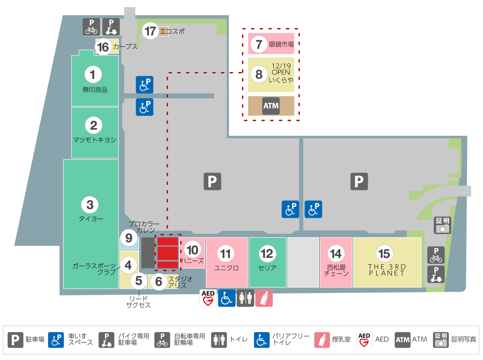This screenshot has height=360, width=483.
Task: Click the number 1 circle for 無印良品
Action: pos(93,75)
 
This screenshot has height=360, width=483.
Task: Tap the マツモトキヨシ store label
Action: pos(95,140)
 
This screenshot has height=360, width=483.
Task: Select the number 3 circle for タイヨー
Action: pos(90,205)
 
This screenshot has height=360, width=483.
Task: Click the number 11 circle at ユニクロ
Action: pos(226,254)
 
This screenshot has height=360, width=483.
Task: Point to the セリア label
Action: pos(267,268)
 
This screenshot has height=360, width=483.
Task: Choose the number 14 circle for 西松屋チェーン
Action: pos(336,254)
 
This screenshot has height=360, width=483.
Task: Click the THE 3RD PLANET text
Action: pos(387,270)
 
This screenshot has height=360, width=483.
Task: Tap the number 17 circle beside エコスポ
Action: pos(150,31)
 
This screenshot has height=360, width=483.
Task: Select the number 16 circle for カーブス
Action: pos(103,47)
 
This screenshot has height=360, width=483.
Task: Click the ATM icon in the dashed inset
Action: pos(271,106)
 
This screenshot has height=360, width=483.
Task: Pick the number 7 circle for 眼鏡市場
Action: pos(259,44)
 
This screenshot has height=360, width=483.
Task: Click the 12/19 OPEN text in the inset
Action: pos(281,69)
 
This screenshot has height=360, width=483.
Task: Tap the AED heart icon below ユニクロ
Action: pos(208,298)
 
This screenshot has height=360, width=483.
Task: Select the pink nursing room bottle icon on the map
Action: pos(264,298)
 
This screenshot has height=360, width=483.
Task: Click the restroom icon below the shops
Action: pos(245,298)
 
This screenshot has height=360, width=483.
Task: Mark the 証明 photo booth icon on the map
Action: pos(442,225)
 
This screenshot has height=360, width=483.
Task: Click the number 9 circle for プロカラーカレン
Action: pos(129,238)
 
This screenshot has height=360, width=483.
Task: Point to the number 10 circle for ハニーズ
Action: pos(193,250)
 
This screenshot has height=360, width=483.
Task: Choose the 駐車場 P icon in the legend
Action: pos(15,340)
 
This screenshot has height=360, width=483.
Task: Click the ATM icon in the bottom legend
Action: pos(402,340)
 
